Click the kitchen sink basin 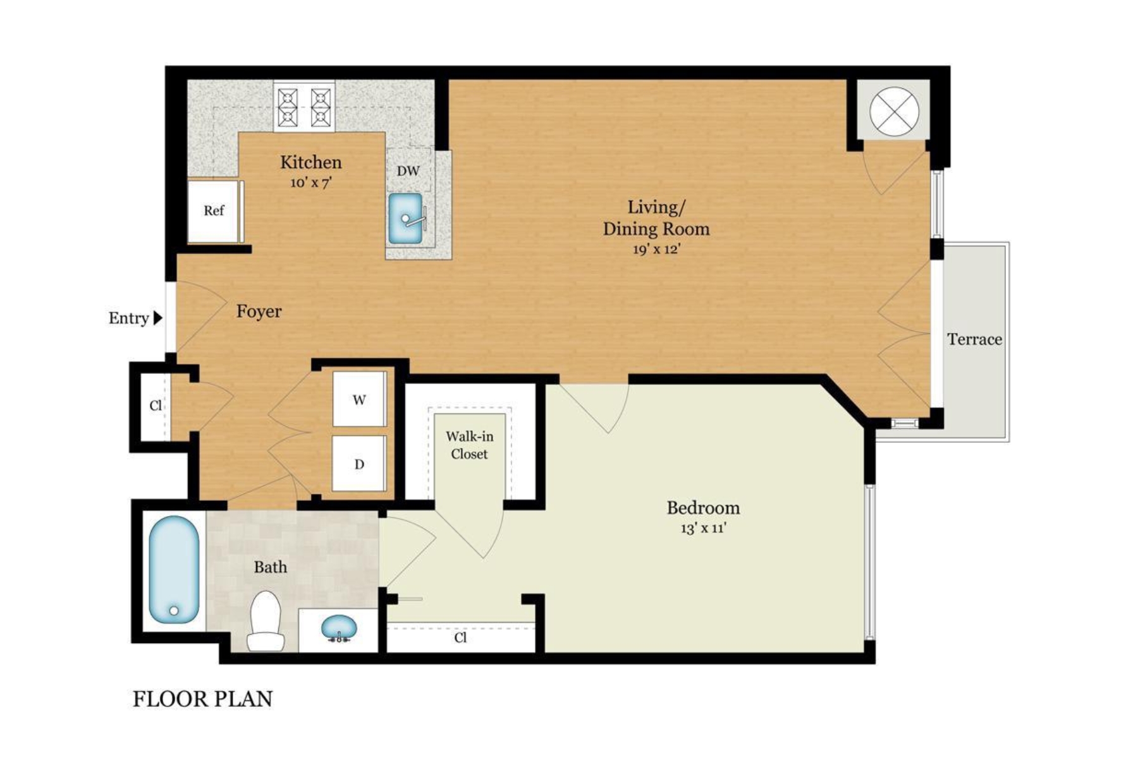(405, 219)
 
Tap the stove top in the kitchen (304, 107)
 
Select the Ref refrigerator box (214, 211)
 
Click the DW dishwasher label (408, 171)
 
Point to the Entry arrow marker (158, 318)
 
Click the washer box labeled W (359, 400)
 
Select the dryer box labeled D (359, 464)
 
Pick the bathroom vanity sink (339, 629)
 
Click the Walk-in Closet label (469, 445)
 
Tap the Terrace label (974, 340)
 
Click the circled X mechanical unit (894, 111)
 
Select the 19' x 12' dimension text (656, 250)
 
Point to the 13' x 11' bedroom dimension (703, 529)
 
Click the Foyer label (259, 311)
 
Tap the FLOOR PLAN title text (202, 699)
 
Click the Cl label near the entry (156, 406)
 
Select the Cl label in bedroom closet (460, 638)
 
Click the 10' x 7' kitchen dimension (311, 183)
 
